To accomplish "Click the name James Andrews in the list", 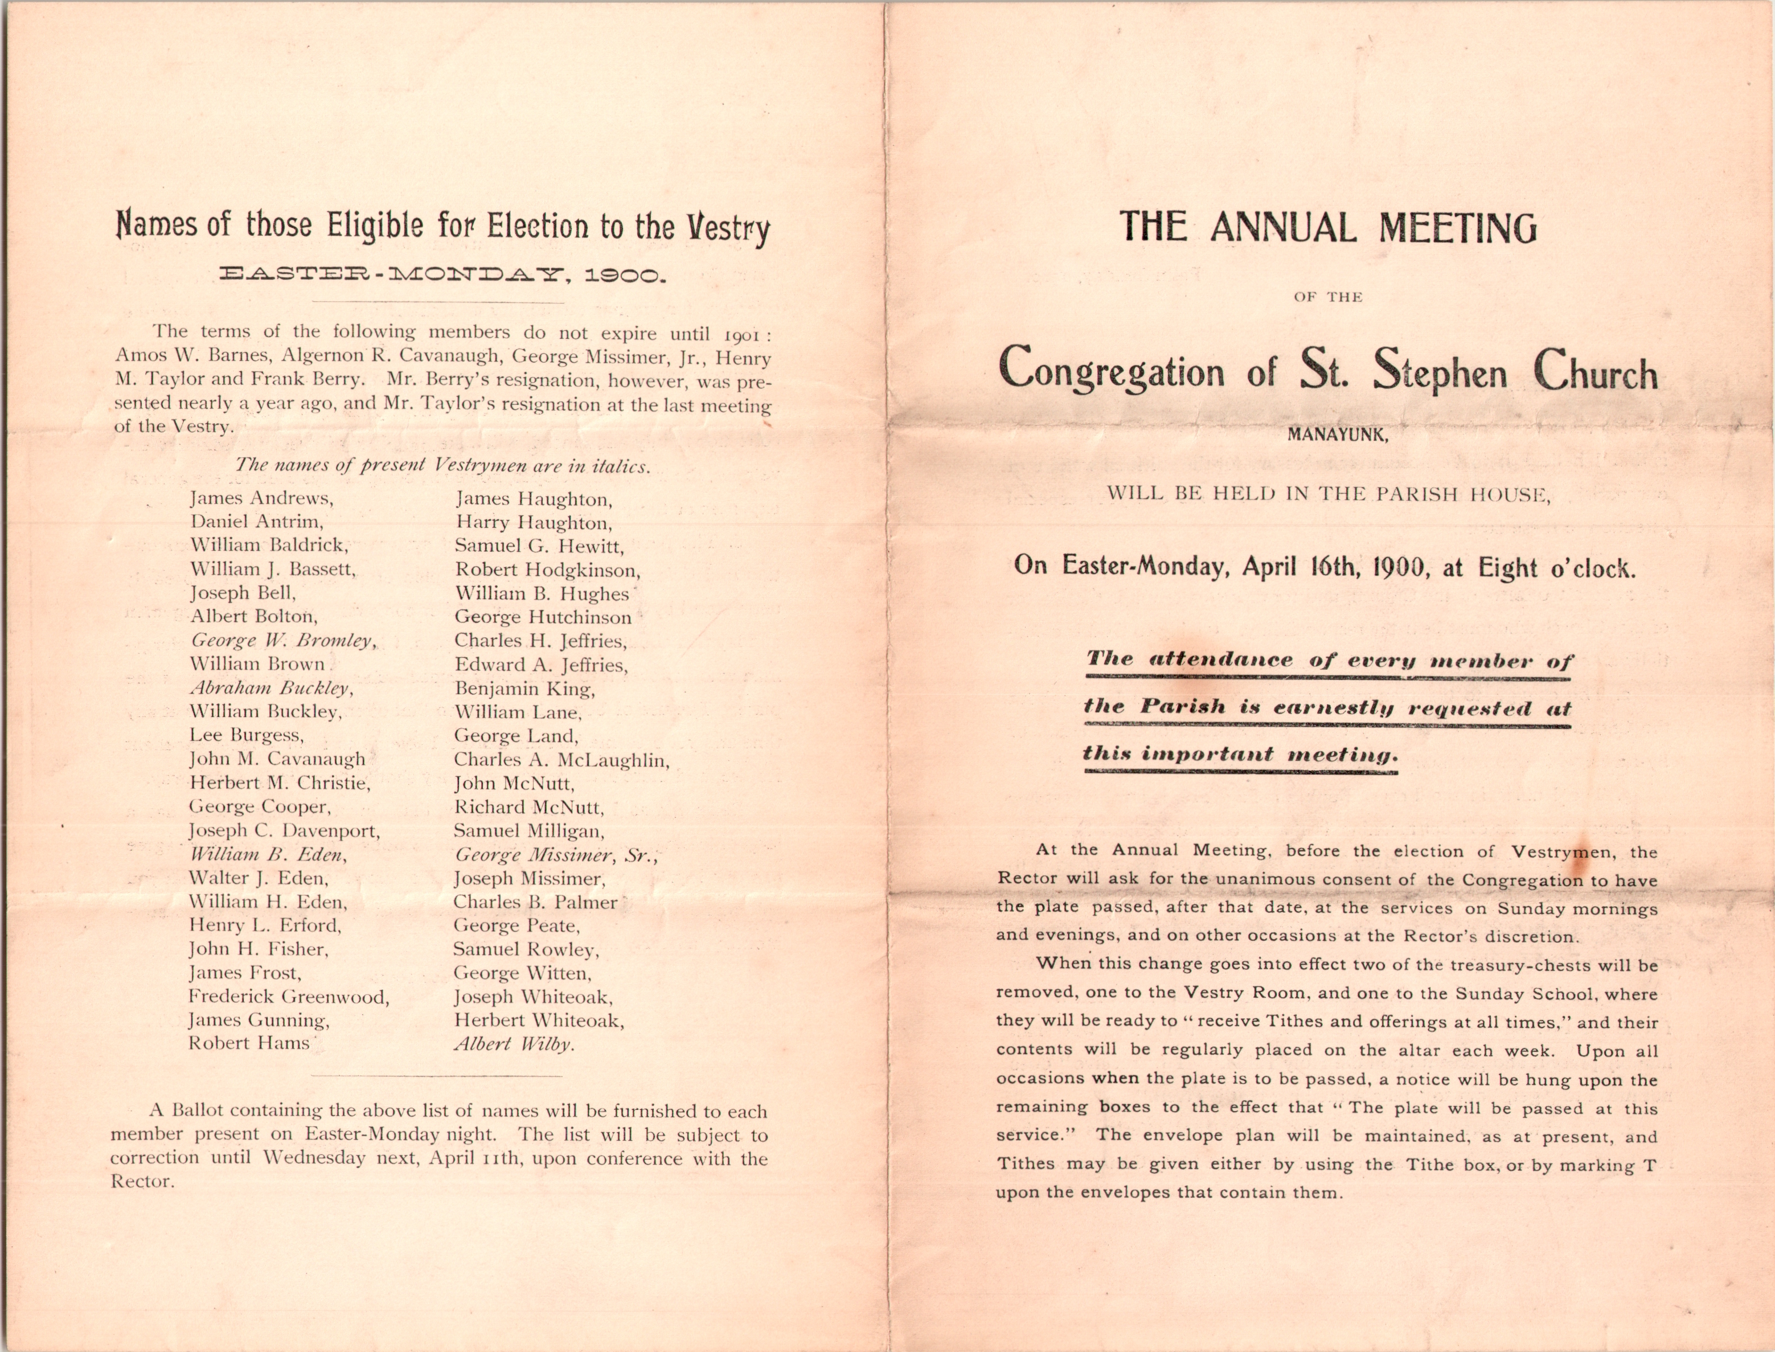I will point(261,498).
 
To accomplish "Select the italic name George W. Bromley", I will point(282,641).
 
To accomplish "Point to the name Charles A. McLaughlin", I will point(561,760).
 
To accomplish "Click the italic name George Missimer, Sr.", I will point(555,855).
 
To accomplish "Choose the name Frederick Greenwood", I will point(288,997).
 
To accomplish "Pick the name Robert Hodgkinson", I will point(547,571).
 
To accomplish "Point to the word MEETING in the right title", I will point(1457,228).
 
